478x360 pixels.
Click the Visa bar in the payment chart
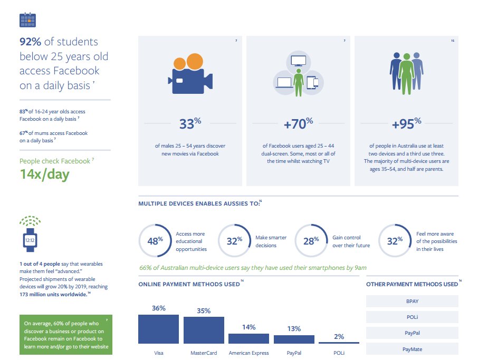coord(158,329)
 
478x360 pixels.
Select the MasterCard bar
coord(204,330)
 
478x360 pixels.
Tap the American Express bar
coord(248,338)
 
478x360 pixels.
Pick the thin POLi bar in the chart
coord(339,343)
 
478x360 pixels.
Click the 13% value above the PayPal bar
coord(294,329)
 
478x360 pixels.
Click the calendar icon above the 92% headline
coord(27,20)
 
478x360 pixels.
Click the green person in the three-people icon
coord(407,74)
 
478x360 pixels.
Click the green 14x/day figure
coord(44,174)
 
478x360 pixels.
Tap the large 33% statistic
coord(190,124)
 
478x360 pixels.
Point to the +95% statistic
coord(406,124)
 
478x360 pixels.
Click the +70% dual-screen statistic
coord(298,124)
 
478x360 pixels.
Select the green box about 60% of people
coord(65,335)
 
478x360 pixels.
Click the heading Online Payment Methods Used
coord(188,284)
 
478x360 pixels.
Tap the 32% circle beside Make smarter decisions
coord(234,240)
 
